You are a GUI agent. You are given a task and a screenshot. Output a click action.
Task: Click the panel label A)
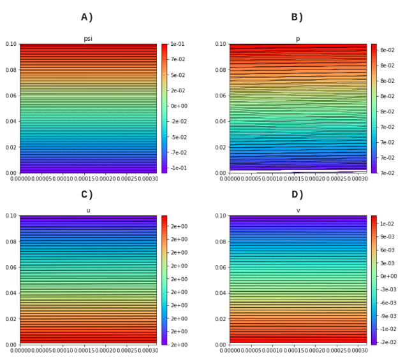[87, 18]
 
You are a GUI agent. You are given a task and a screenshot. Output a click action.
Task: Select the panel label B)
[297, 18]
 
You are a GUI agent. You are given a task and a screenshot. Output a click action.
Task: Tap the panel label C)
[87, 195]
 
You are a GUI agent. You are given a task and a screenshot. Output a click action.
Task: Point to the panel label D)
[297, 195]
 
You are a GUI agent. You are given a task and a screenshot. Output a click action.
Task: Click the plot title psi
[88, 39]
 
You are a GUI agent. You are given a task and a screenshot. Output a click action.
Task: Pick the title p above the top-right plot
[298, 39]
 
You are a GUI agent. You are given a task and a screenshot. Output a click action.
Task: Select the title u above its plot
[88, 210]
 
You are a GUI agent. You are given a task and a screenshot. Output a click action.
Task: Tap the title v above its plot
[298, 210]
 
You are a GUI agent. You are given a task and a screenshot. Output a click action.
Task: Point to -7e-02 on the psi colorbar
[178, 153]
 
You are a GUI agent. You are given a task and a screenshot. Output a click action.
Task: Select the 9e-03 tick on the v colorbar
[388, 237]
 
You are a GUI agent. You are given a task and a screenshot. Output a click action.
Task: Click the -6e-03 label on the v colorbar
[388, 303]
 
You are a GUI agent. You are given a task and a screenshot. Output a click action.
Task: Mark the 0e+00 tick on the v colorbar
[388, 277]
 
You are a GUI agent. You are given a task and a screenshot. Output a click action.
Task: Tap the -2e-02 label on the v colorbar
[388, 343]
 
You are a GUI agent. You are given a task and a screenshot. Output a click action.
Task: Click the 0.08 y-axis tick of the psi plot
[11, 70]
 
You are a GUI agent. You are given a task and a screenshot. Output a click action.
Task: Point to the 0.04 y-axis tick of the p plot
[221, 122]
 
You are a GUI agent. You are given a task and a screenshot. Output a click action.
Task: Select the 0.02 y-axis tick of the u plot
[11, 319]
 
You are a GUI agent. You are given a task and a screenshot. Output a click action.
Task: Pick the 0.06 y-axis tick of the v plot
[221, 268]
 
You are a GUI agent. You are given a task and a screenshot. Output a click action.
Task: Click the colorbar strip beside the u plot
[164, 280]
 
